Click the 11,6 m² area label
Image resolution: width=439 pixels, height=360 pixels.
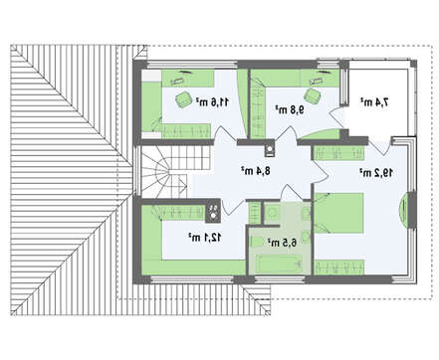pyautogui.click(x=212, y=101)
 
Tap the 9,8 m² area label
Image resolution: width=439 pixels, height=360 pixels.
pyautogui.click(x=290, y=109)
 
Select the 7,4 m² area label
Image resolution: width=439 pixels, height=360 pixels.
pyautogui.click(x=374, y=102)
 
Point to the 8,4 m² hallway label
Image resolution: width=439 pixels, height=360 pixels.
pyautogui.click(x=256, y=171)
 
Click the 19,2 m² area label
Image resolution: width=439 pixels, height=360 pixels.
pyautogui.click(x=376, y=172)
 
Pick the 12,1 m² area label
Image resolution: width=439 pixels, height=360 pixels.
pyautogui.click(x=205, y=237)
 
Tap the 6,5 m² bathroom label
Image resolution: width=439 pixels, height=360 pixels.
pyautogui.click(x=282, y=243)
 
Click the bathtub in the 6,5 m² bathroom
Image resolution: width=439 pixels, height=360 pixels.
pyautogui.click(x=281, y=264)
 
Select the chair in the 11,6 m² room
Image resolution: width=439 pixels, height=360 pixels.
pyautogui.click(x=182, y=99)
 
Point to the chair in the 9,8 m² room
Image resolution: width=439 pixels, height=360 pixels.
pyautogui.click(x=313, y=95)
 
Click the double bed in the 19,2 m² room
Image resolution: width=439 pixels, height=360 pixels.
pyautogui.click(x=338, y=213)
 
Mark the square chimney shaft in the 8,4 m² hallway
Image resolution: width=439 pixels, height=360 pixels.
pyautogui.click(x=269, y=151)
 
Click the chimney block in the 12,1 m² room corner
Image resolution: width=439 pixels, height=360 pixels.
pyautogui.click(x=213, y=212)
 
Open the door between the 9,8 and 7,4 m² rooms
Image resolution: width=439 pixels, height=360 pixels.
pyautogui.click(x=335, y=117)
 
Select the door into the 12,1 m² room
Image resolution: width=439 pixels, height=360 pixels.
pyautogui.click(x=233, y=206)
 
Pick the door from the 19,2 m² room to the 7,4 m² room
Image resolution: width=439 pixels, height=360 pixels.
pyautogui.click(x=380, y=146)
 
